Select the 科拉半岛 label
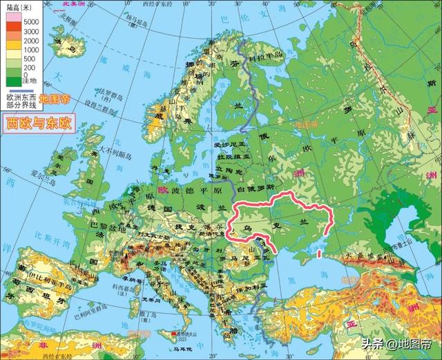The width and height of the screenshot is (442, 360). tap(267, 54)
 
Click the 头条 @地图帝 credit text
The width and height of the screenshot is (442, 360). tap(394, 343)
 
